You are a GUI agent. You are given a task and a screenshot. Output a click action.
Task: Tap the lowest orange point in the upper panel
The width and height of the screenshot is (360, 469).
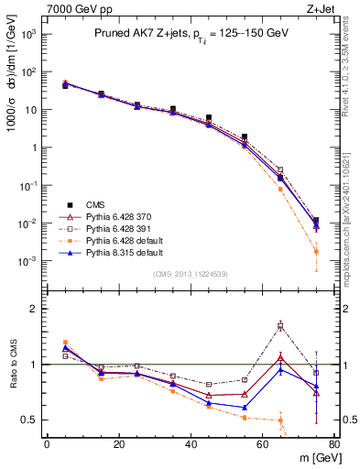click(x=316, y=251)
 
